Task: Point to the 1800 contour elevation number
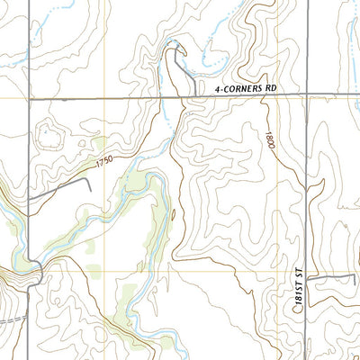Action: coord(269,140)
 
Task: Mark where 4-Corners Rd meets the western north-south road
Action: coord(28,96)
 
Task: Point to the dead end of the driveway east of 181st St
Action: coord(355,275)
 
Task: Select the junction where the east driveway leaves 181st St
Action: coord(306,280)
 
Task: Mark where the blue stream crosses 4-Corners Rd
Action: coord(166,96)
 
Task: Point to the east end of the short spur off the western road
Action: coord(90,180)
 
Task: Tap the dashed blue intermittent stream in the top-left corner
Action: coord(54,9)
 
